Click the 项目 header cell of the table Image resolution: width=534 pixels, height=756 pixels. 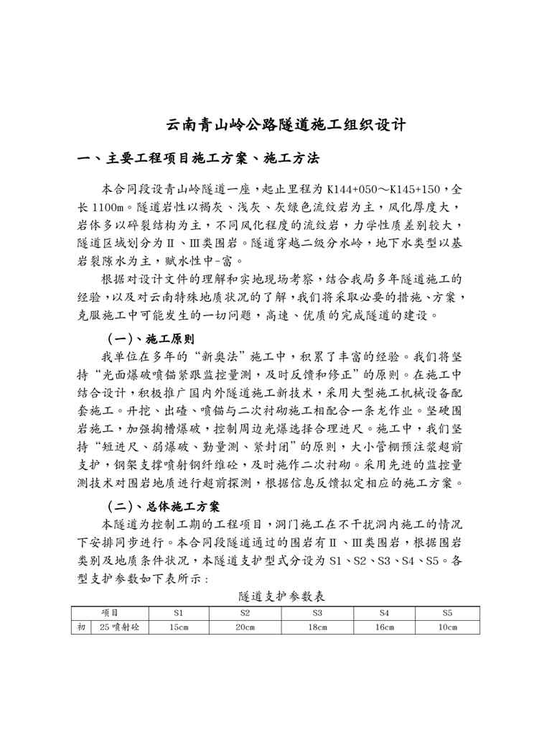click(x=110, y=613)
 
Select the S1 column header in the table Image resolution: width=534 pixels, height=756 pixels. click(x=178, y=613)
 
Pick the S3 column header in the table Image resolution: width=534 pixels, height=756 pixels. click(x=317, y=613)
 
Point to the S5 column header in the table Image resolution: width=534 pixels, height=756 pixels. click(x=447, y=613)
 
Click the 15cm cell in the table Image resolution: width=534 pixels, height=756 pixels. click(x=178, y=627)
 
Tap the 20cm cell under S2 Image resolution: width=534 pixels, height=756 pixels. click(x=245, y=627)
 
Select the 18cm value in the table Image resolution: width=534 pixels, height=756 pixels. click(x=317, y=627)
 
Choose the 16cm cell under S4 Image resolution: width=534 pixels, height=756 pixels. click(x=385, y=627)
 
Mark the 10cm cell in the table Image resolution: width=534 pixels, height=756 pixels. click(x=447, y=627)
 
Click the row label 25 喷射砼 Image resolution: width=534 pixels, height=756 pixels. click(x=119, y=627)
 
